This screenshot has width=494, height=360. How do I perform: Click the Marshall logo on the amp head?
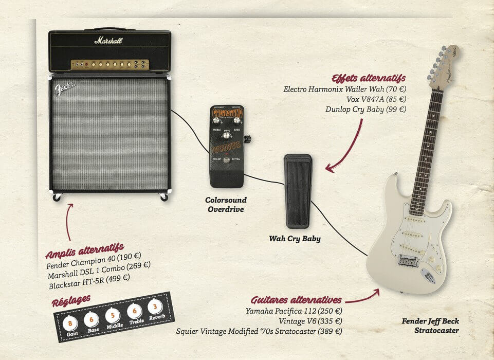coord(108,40)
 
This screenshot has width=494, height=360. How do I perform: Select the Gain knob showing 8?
coord(71,323)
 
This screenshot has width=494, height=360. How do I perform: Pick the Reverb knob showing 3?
coord(154,307)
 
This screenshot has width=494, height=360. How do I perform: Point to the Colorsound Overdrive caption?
coord(226,204)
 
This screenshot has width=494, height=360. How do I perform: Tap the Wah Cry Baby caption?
coord(295,239)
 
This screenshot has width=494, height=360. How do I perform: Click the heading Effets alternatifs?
coord(369,79)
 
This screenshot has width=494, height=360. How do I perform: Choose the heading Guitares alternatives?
coord(296,300)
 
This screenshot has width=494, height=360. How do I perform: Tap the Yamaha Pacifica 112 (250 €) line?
coord(294,311)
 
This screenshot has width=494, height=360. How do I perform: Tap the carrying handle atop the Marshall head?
coord(109,29)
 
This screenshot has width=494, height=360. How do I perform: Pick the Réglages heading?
coord(71,300)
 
